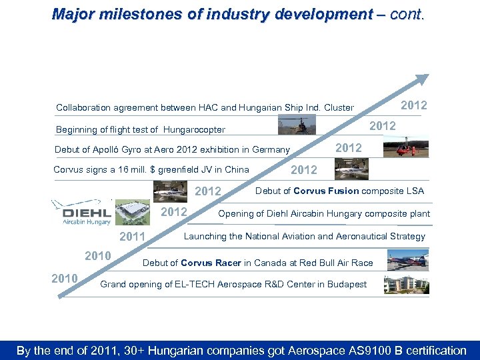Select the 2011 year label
[132, 237]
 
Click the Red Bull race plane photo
[407, 260]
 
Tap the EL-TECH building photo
[406, 284]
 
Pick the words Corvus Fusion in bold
[327, 191]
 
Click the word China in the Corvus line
[236, 169]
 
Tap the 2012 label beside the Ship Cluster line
[413, 105]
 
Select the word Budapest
[345, 284]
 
